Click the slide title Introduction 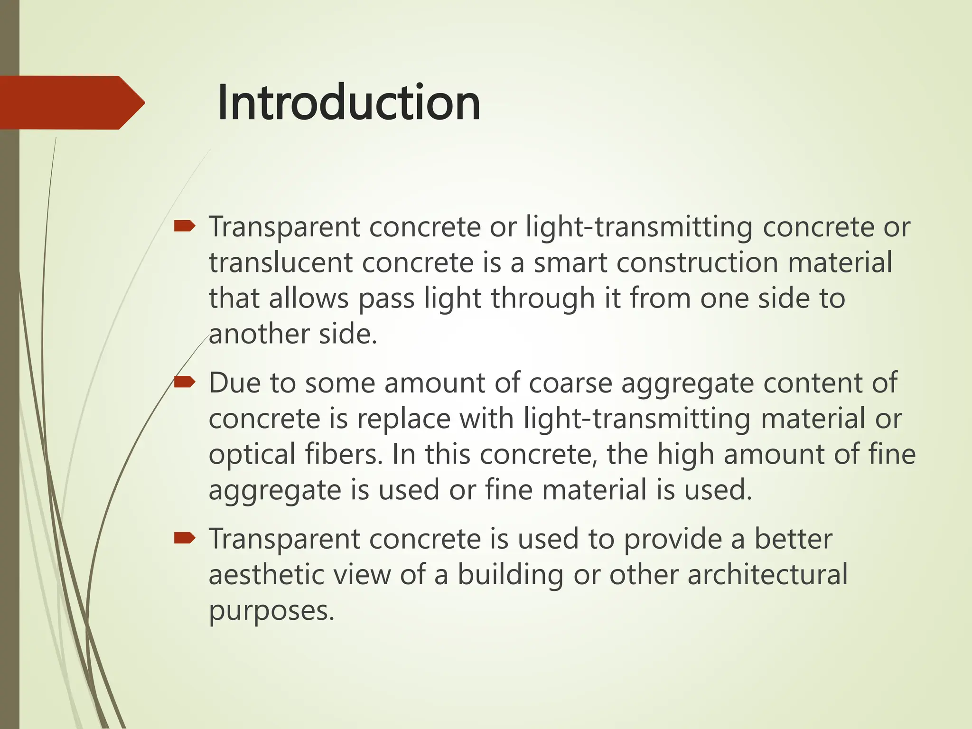click(x=349, y=103)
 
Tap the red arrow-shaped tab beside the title click(x=71, y=103)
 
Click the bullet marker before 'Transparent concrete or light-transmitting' click(x=184, y=226)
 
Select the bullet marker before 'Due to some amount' click(x=184, y=382)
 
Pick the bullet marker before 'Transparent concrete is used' click(x=184, y=538)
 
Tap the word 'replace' click(x=403, y=419)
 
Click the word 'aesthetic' click(x=266, y=575)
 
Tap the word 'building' click(x=510, y=575)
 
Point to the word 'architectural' click(x=767, y=575)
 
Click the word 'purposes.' click(x=271, y=611)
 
